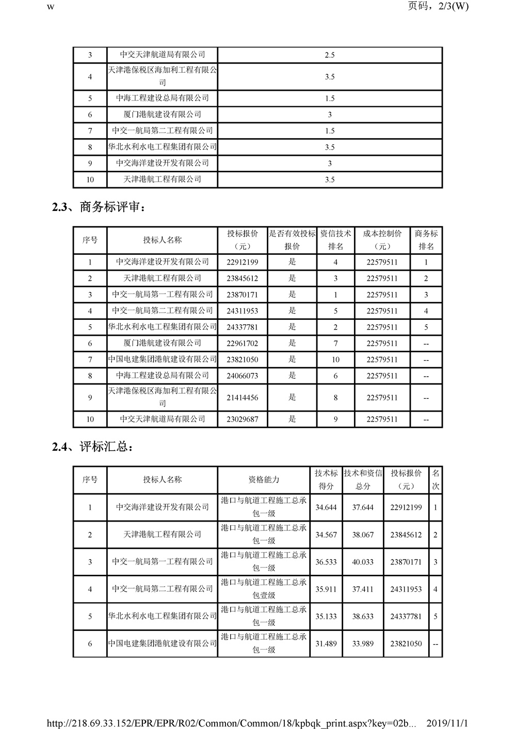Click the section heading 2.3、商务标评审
(x=99, y=207)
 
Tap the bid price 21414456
(x=242, y=398)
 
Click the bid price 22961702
(x=242, y=344)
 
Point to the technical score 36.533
(x=326, y=562)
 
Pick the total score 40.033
(x=363, y=562)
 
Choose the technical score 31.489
(x=326, y=644)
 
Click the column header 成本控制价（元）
(x=382, y=240)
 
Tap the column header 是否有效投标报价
(x=292, y=240)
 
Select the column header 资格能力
(x=264, y=480)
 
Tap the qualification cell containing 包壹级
(x=264, y=589)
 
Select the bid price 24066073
(x=242, y=376)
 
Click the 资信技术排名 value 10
(x=335, y=360)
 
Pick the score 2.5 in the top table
(x=330, y=55)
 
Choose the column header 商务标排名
(x=426, y=240)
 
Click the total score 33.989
(x=363, y=644)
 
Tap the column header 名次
(x=436, y=480)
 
